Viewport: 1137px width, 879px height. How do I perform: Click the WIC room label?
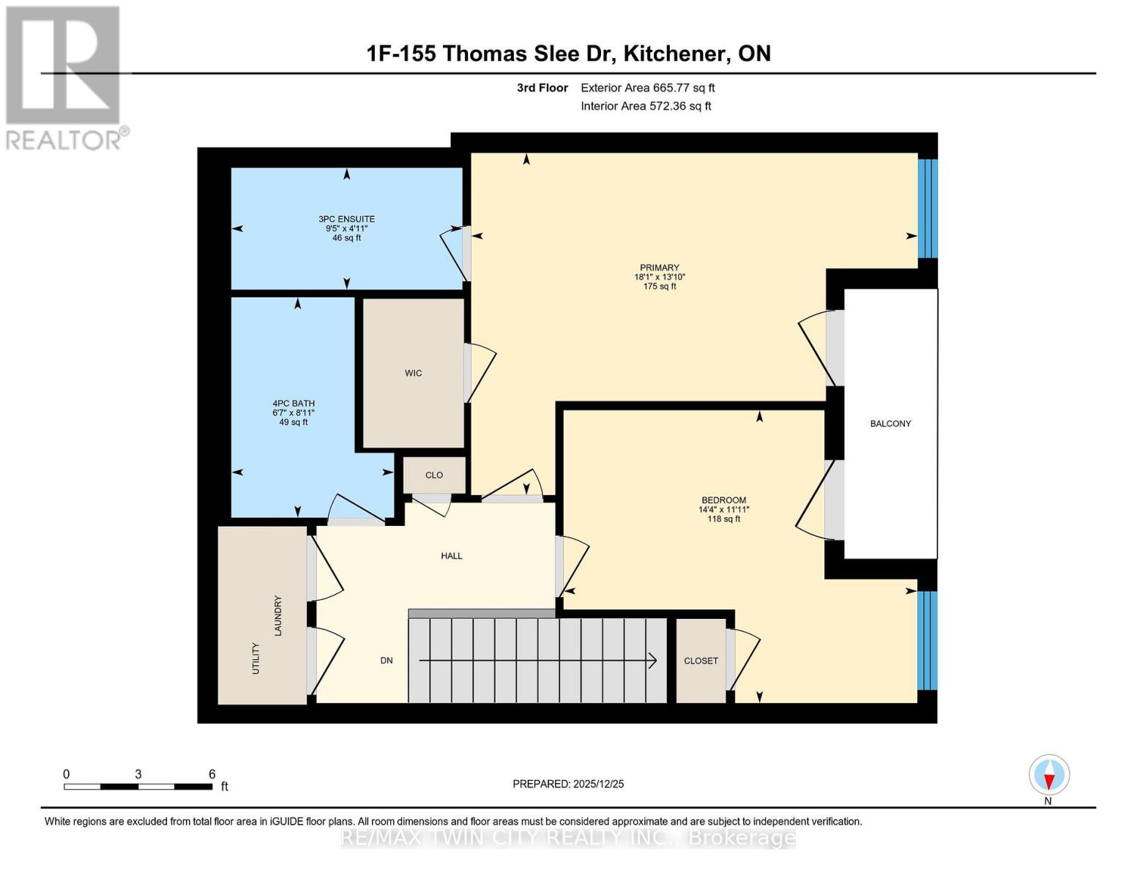(413, 374)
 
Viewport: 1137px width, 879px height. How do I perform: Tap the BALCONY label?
(890, 423)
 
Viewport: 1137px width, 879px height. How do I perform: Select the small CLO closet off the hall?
(434, 475)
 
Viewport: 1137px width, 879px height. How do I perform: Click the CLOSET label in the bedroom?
(701, 661)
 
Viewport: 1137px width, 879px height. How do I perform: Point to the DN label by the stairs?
(387, 661)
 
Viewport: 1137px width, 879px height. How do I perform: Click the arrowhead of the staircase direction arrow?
(652, 661)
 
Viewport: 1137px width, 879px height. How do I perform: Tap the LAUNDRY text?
(278, 615)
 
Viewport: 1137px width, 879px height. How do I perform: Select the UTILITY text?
(256, 659)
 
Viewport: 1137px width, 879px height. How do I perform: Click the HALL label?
(452, 556)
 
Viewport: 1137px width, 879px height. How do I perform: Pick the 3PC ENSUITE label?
(346, 219)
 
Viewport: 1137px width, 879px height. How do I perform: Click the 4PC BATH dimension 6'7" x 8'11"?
(294, 413)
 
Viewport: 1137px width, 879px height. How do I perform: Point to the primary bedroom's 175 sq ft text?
(659, 286)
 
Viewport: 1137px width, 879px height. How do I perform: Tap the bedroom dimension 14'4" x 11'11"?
(723, 510)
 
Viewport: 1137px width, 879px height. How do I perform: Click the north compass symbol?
(1049, 775)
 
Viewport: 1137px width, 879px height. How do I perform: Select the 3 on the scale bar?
(138, 774)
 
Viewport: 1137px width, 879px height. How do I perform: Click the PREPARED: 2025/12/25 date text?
(568, 784)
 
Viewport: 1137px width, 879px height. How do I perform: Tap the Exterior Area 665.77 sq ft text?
(647, 88)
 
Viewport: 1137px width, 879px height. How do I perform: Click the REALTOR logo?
(64, 78)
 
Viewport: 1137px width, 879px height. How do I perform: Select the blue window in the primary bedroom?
(928, 209)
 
